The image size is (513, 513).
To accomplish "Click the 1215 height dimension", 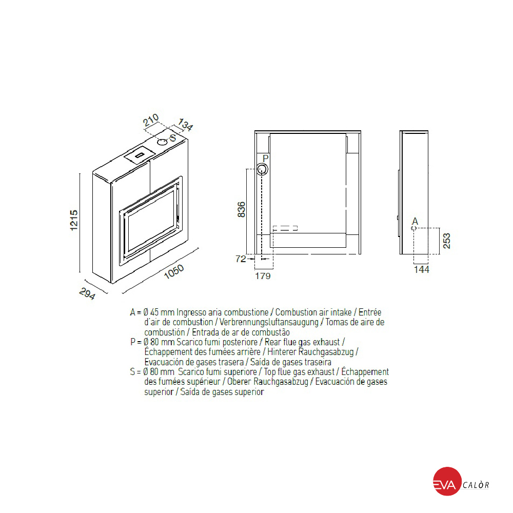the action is [x=74, y=220].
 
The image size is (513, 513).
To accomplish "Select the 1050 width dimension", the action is [x=174, y=272].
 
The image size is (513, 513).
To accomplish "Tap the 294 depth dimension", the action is [x=87, y=293].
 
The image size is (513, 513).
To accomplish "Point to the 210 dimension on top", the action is [x=151, y=120].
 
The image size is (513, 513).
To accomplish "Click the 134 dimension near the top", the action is [x=186, y=125].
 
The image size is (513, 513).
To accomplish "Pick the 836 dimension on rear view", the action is [x=241, y=209].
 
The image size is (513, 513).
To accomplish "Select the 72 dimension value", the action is [x=241, y=259].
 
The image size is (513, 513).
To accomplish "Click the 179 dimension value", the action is [x=263, y=276].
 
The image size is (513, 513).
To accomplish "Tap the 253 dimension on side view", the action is [x=447, y=241].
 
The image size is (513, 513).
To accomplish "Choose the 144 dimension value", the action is [x=421, y=270].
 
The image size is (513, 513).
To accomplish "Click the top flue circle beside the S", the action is [x=162, y=142].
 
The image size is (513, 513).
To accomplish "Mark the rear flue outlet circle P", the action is [x=262, y=169].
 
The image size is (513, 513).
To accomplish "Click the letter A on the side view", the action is [x=415, y=221].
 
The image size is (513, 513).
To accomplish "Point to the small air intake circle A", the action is [x=413, y=228].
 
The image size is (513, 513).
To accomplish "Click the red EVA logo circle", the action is [x=447, y=481].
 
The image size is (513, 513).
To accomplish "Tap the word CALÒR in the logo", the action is [x=476, y=485].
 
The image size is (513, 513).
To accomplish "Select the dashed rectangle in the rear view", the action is [x=285, y=228].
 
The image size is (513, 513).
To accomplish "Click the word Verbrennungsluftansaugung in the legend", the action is [x=269, y=322].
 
